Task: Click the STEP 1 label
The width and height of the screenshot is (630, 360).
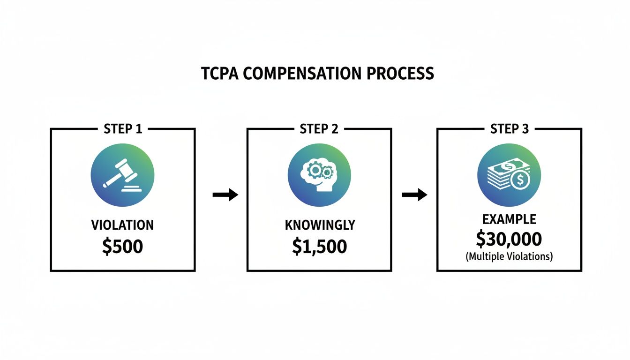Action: point(123,129)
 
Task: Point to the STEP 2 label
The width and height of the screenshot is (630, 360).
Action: point(319,129)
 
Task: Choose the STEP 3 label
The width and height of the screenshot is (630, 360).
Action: point(509,129)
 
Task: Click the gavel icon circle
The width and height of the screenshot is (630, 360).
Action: point(122,174)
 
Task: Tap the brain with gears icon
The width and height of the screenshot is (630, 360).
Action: point(319,174)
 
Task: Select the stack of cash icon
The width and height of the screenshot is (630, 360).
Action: point(509,174)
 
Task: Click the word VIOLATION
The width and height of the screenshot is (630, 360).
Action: point(122,225)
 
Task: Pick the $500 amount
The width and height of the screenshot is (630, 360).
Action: point(122,246)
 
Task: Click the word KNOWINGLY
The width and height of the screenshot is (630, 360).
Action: point(320,225)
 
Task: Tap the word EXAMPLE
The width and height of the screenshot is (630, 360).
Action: point(509,219)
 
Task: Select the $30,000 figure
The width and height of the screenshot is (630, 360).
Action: point(509,239)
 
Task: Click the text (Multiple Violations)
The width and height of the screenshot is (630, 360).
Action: point(509,257)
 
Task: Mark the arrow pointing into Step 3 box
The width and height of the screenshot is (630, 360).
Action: point(415,195)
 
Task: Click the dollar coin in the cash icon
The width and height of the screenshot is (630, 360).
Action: point(519,181)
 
